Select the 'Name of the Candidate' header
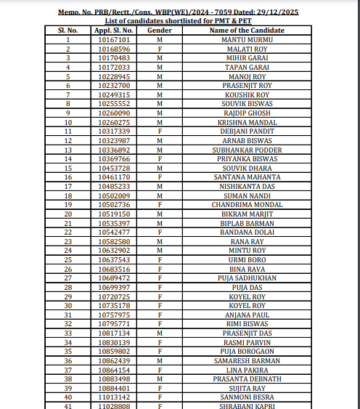(247, 30)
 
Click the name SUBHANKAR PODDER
(247, 149)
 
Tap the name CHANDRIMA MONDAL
(247, 204)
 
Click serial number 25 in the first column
(67, 259)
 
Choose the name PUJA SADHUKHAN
(247, 278)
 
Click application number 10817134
(113, 333)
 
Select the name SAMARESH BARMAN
(247, 360)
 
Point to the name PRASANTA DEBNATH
(247, 378)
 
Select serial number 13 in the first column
(67, 149)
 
